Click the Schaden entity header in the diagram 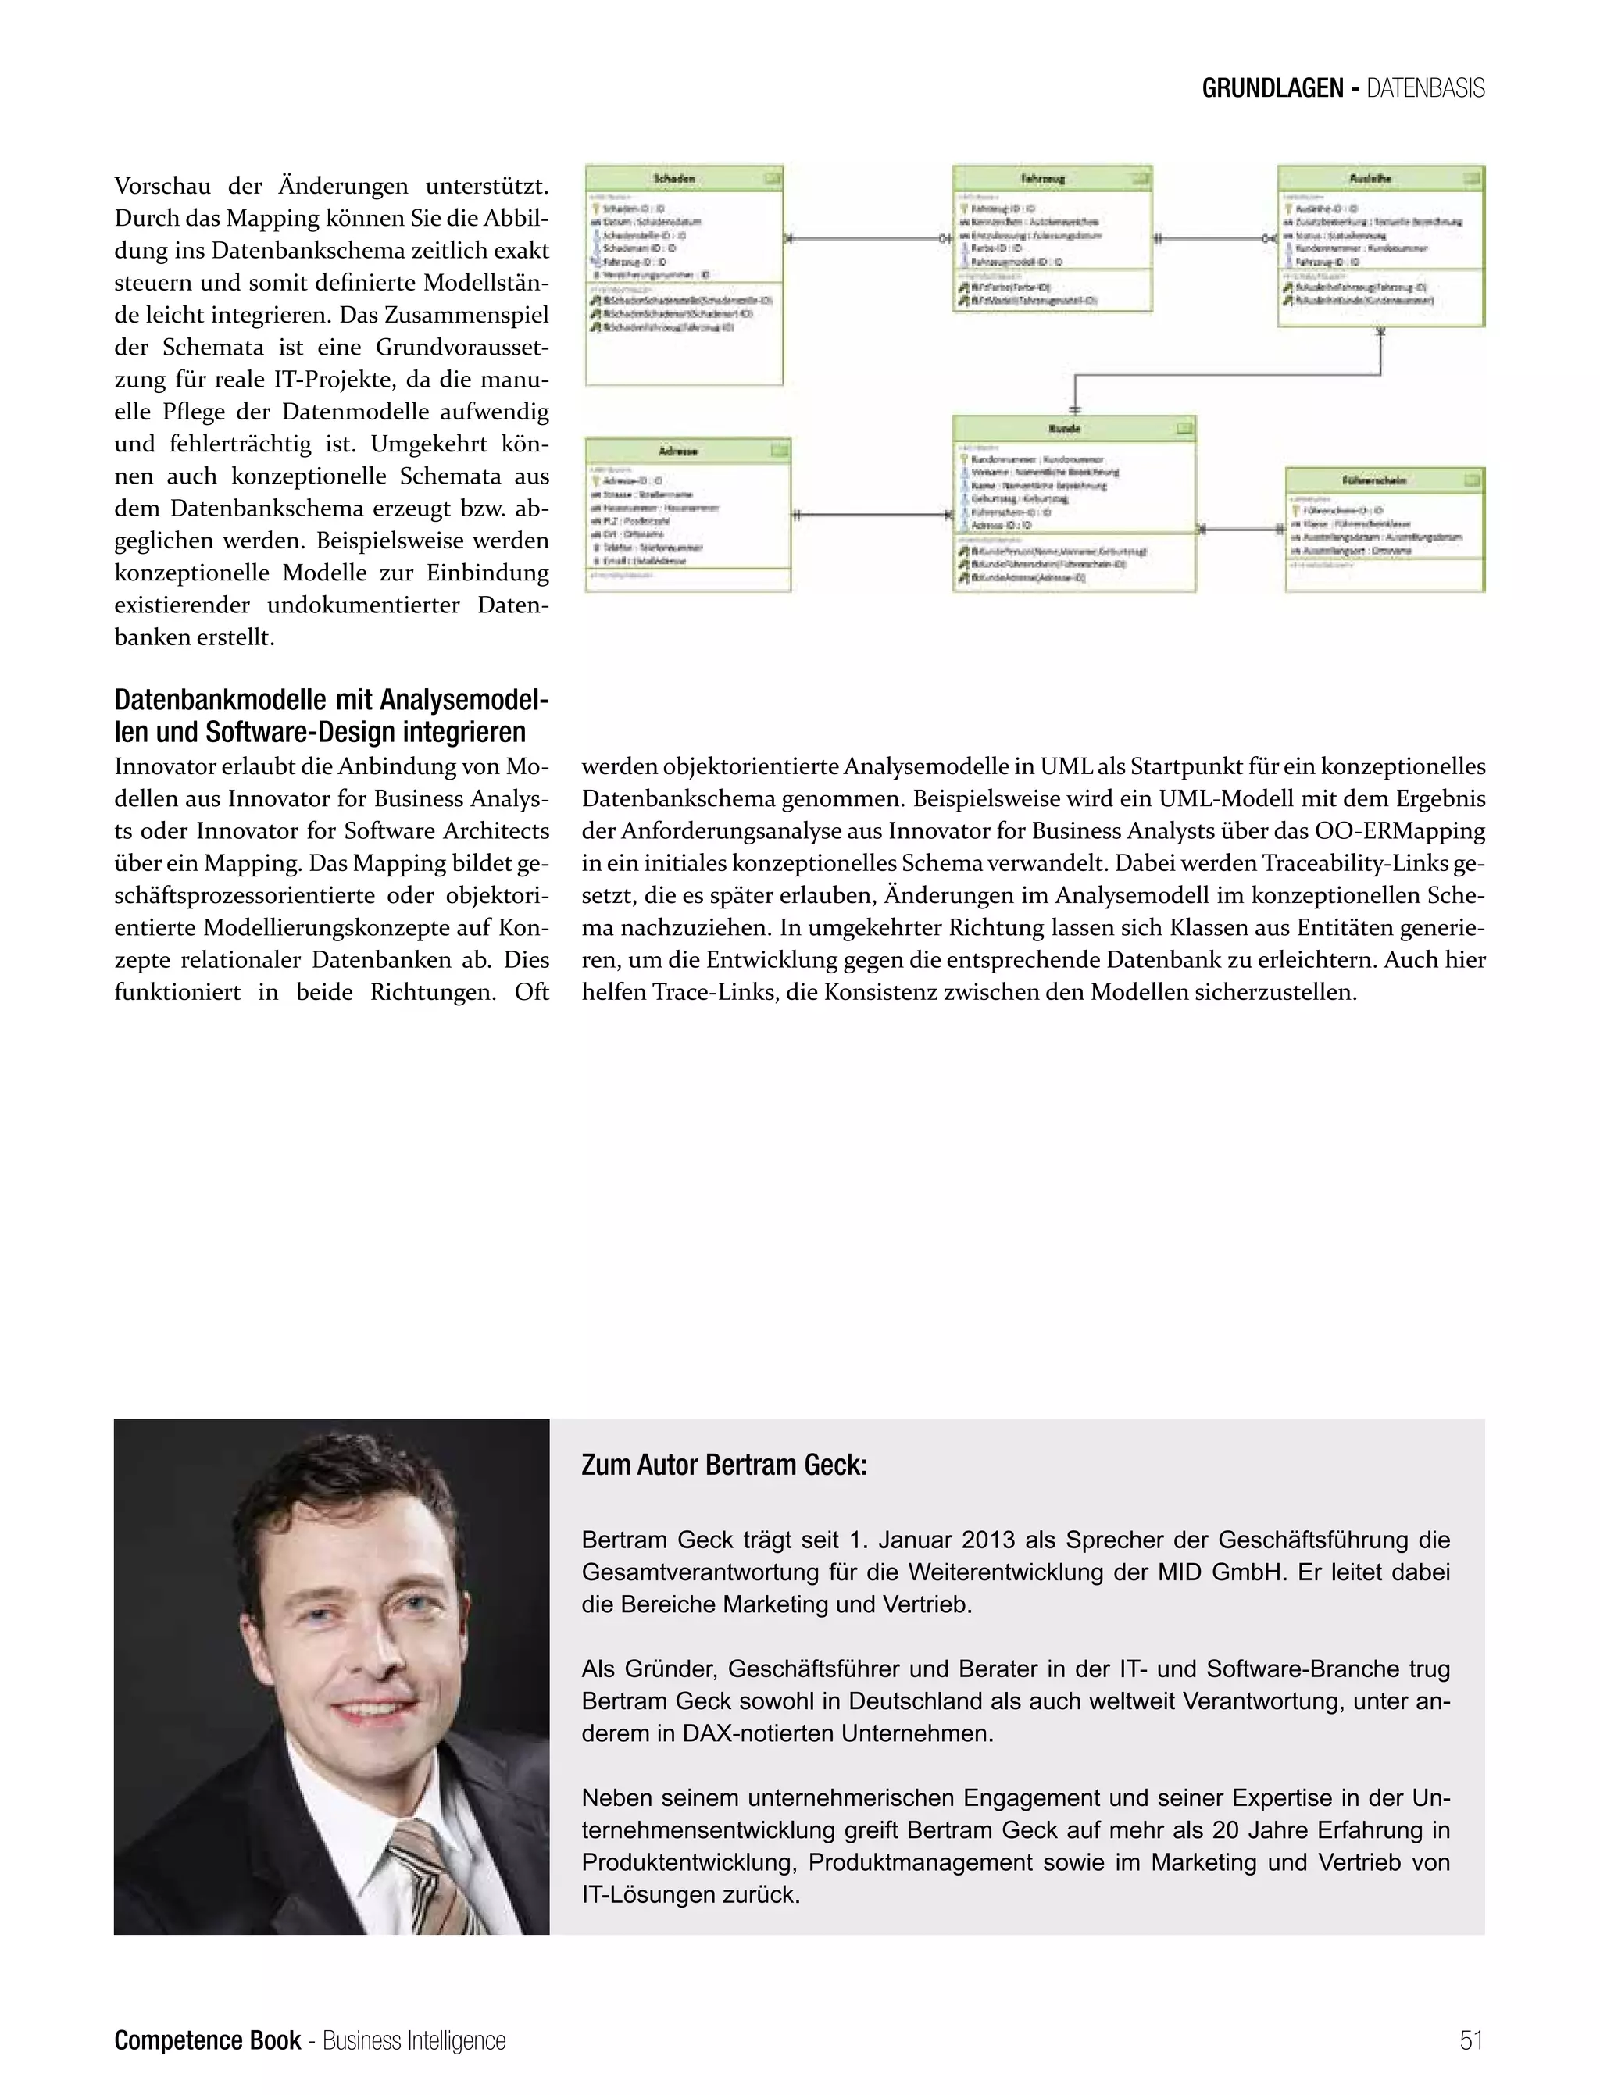pos(674,178)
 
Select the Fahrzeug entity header pos(1042,178)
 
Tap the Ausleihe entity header pos(1370,178)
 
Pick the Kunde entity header pos(1064,429)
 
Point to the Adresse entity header pos(678,451)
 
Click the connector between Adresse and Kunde pos(871,516)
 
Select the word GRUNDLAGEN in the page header pos(1271,88)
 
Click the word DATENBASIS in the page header pos(1426,88)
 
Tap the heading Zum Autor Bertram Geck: pos(723,1465)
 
